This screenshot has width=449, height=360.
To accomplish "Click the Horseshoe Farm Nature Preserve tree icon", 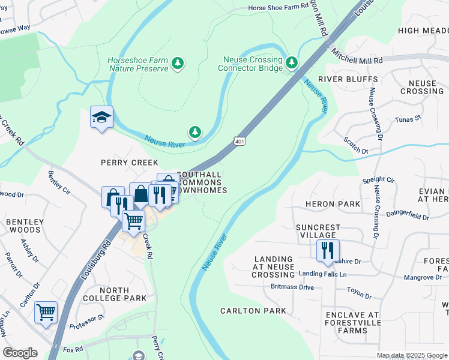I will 177,63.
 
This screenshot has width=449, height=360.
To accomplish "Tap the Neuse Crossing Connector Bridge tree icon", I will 292,62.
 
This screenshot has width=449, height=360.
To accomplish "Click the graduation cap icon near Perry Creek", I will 101,118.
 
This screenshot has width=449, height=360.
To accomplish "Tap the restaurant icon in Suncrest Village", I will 327,250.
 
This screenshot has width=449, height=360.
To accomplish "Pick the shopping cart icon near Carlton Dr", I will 46,313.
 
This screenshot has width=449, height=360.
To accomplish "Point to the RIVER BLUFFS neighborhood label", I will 348,79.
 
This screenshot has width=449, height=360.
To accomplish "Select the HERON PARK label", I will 333,204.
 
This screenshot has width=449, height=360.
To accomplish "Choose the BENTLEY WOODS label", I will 25,226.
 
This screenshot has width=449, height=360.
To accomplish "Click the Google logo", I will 20,353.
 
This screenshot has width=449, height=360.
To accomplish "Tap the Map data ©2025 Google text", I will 411,355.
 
